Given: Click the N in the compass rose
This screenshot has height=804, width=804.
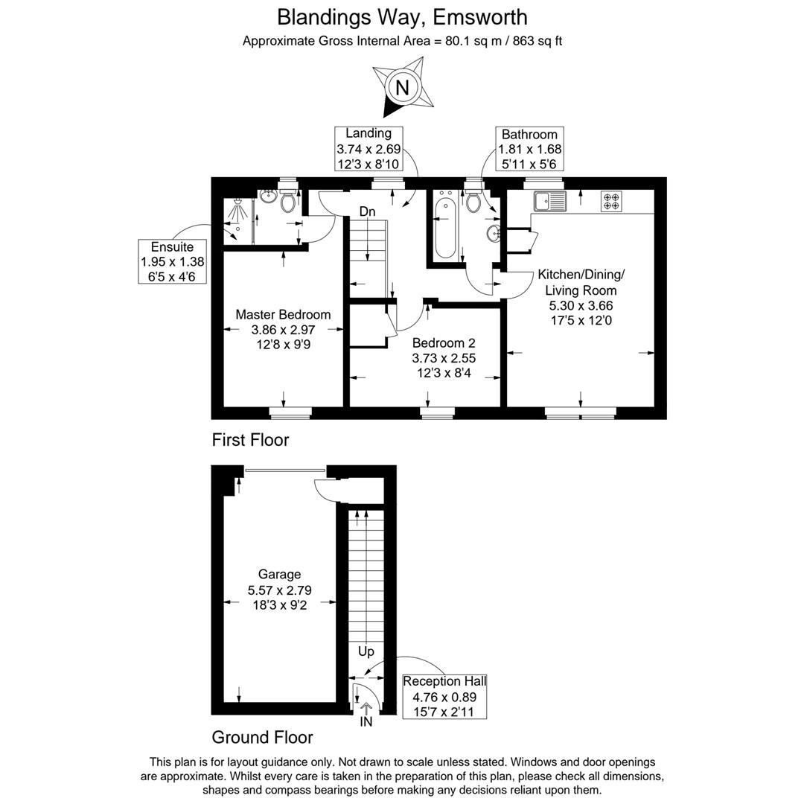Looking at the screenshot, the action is [402, 88].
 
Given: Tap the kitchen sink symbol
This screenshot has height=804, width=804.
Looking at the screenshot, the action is [549, 201].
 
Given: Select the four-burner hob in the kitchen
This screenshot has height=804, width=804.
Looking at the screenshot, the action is [611, 201].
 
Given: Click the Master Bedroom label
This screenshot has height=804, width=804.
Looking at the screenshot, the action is [283, 314].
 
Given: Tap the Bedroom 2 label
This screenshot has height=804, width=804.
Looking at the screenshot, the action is [444, 342].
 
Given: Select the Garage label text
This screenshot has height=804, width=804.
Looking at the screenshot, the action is [279, 575].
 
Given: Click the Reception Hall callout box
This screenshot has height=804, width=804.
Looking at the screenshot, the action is [444, 696].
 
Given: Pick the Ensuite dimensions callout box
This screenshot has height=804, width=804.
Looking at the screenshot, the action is [172, 261].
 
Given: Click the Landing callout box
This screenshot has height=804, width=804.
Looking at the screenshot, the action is [368, 149].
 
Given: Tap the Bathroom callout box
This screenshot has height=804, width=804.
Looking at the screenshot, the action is [530, 149].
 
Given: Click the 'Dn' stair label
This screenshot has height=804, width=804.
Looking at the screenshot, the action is [367, 211].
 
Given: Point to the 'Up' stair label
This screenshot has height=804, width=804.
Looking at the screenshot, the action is [366, 651].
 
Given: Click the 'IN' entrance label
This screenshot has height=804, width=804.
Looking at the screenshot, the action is [366, 722].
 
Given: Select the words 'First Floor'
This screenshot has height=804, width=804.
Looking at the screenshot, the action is [250, 439].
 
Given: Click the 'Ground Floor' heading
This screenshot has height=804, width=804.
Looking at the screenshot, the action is [262, 737].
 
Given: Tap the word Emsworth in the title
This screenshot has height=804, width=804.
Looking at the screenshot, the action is [480, 17].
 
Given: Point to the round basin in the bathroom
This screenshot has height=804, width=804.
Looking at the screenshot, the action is [494, 234].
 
